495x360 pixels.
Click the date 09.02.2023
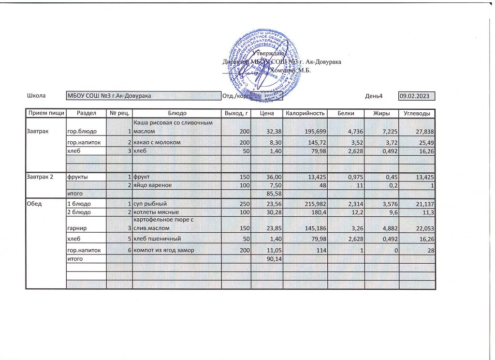tap(416, 96)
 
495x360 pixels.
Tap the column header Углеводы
tap(417, 113)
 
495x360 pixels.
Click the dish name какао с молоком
tap(157, 142)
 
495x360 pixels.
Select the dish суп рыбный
tap(151, 203)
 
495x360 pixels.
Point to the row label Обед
tap(35, 203)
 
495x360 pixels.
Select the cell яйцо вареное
tap(154, 185)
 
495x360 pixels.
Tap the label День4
tap(374, 96)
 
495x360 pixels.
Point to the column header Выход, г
tap(236, 113)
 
